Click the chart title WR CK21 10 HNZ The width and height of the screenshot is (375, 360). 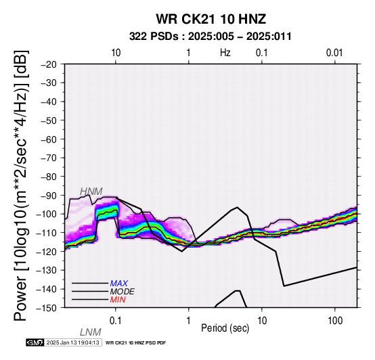point(211,19)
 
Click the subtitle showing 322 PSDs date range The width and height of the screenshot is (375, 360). point(211,37)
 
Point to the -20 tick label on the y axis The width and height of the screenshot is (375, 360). point(49,64)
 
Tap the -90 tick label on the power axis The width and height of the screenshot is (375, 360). point(49,196)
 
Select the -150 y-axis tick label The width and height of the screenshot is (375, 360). point(47,308)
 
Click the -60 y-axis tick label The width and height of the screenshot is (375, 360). point(49,139)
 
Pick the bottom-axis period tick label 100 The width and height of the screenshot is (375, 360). point(335,321)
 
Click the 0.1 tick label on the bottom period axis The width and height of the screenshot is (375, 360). point(116,321)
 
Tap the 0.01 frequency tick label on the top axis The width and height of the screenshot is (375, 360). point(334,53)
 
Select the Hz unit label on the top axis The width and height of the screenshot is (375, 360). point(225,53)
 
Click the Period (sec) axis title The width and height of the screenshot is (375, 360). point(225,328)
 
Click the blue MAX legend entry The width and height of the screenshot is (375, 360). point(119,284)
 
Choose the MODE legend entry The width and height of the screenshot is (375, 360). point(123,292)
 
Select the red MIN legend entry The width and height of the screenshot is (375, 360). point(118,300)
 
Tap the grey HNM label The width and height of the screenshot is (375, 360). point(91,192)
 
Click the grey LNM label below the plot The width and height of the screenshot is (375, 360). point(91,332)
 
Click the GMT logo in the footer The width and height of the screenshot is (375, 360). point(35,342)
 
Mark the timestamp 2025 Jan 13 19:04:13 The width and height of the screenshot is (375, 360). point(73,342)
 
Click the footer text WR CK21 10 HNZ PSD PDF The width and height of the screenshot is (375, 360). point(135,343)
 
